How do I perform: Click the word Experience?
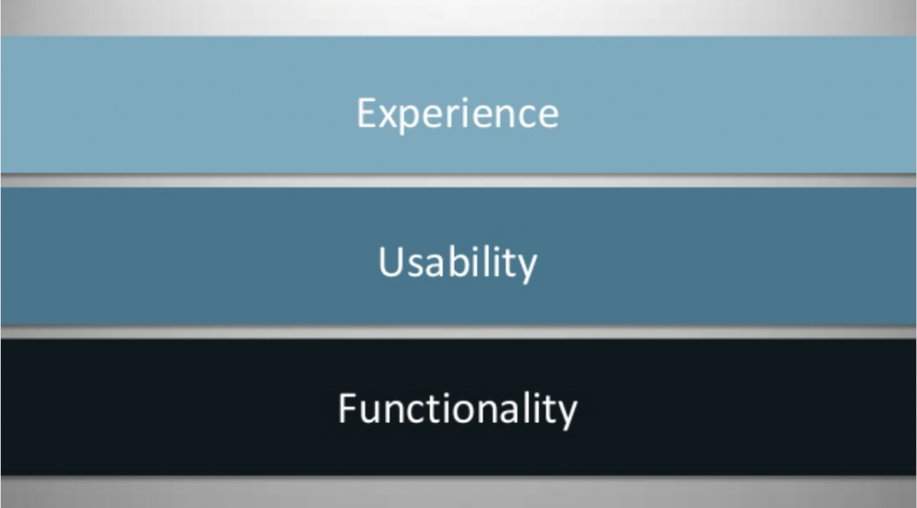pyautogui.click(x=458, y=114)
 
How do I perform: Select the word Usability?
pyautogui.click(x=458, y=263)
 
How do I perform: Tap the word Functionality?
pyautogui.click(x=458, y=409)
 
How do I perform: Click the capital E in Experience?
pyautogui.click(x=366, y=112)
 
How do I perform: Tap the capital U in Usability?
pyautogui.click(x=392, y=262)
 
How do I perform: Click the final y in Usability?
pyautogui.click(x=526, y=270)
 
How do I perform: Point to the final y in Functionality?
pyautogui.click(x=566, y=416)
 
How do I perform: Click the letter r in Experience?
pyautogui.click(x=464, y=116)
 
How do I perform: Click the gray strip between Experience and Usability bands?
pyautogui.click(x=458, y=180)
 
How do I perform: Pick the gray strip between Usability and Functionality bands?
pyautogui.click(x=458, y=331)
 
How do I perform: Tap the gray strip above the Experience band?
pyautogui.click(x=458, y=18)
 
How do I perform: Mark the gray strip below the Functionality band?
pyautogui.click(x=458, y=492)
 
